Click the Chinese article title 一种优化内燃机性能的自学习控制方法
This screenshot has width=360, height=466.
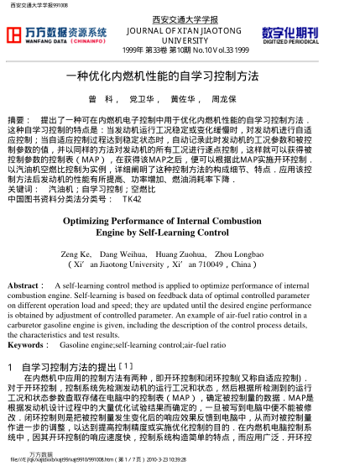tap(180, 75)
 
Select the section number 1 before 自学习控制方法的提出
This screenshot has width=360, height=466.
tap(8, 343)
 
